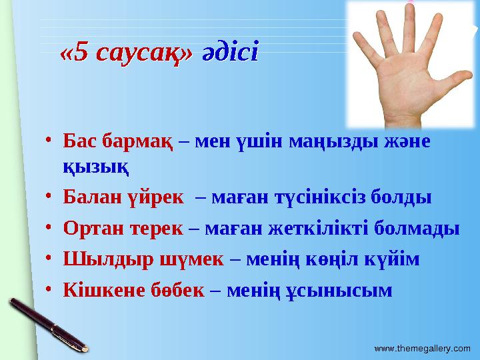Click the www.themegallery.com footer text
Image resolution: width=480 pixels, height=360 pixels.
[x=422, y=349]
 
